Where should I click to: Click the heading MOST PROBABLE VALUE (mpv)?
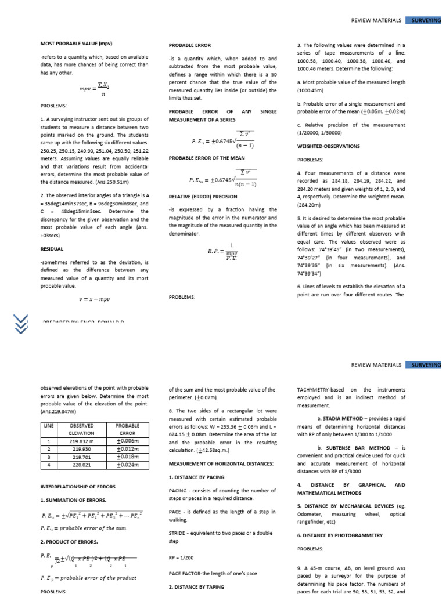click(75, 44)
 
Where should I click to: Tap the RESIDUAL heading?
click(52, 248)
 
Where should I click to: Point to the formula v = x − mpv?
click(94, 299)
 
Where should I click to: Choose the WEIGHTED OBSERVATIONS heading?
click(328, 146)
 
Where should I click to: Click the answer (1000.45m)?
click(311, 91)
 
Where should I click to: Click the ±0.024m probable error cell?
click(128, 464)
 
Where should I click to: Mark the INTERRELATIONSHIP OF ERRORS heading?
click(78, 487)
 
